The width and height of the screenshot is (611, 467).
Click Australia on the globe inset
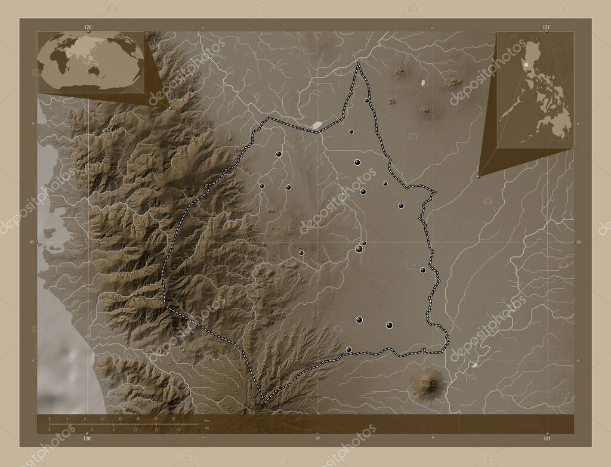point(95,69)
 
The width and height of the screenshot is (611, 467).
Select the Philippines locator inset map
point(535,89)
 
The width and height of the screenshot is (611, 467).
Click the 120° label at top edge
point(88,27)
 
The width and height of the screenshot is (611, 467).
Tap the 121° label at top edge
point(547,27)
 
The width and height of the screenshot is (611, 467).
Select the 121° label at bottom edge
point(547,438)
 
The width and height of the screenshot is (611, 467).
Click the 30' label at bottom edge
point(317,438)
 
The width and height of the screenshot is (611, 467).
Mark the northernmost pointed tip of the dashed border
point(358,63)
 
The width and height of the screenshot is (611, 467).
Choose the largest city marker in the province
point(359,248)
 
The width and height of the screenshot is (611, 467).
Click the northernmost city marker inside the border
point(367,101)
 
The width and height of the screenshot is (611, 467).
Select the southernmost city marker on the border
point(349,350)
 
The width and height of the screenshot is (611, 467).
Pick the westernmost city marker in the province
point(262,186)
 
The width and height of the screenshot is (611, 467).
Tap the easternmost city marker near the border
point(423,270)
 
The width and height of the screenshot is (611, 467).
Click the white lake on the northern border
point(317,125)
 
